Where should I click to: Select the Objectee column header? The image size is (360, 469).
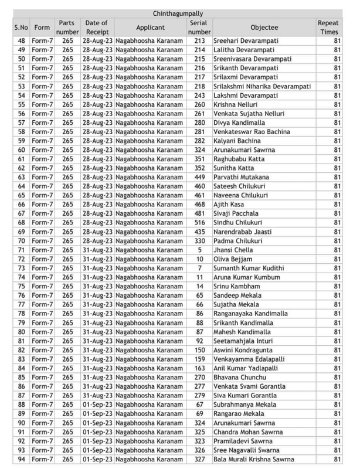tap(263, 27)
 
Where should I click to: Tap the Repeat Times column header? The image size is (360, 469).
tap(328, 27)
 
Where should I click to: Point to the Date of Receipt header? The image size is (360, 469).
tap(97, 27)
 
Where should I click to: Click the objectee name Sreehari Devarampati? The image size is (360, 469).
tap(244, 41)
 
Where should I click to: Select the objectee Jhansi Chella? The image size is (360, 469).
tap(233, 250)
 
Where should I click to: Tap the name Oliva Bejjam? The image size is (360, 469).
tap(233, 259)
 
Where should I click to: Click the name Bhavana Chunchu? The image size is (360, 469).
tap(239, 377)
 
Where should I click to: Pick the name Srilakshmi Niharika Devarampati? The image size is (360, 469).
tap(261, 86)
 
